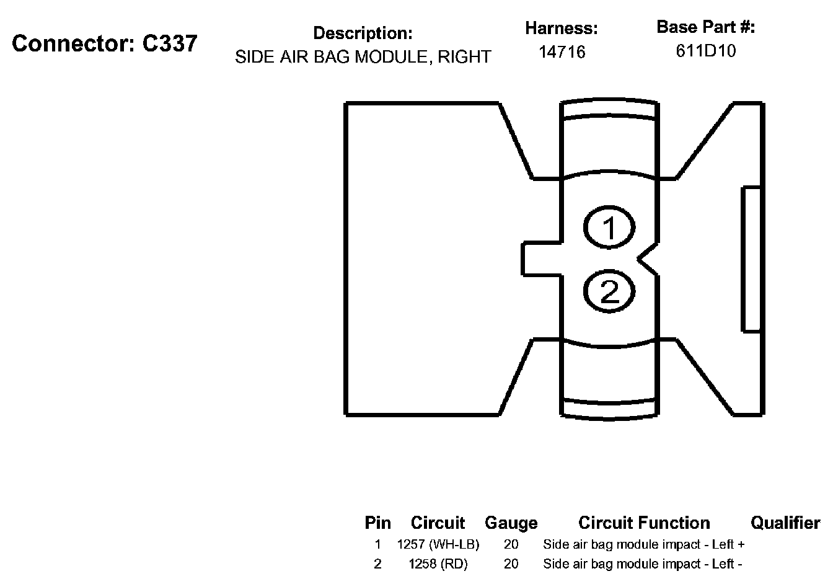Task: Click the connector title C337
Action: (104, 43)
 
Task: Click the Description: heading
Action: (363, 33)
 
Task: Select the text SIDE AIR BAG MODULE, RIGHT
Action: (363, 57)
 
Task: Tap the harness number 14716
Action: (562, 52)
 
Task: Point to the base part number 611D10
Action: (705, 51)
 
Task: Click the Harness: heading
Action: (562, 29)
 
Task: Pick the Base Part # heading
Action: (705, 27)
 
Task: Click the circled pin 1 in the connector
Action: (609, 227)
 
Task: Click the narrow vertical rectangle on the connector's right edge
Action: (752, 259)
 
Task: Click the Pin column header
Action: (377, 523)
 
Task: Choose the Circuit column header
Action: (438, 523)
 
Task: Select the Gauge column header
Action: (511, 523)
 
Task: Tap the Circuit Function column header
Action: (644, 523)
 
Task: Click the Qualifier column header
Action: (785, 523)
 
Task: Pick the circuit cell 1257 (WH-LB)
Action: (438, 545)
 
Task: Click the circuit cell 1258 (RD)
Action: (438, 564)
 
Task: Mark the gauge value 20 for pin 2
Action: (511, 564)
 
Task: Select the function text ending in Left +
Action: (643, 545)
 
